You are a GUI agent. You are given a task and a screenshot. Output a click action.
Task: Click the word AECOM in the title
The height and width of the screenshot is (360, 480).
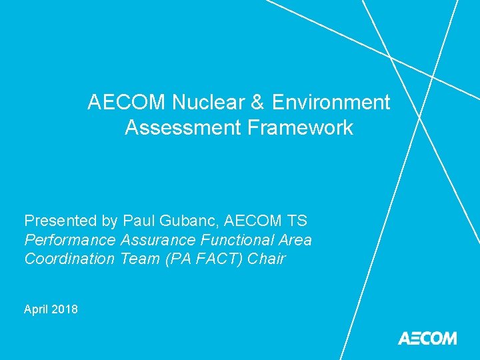click(x=127, y=103)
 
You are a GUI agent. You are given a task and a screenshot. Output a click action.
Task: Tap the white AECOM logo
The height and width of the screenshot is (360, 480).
click(x=427, y=338)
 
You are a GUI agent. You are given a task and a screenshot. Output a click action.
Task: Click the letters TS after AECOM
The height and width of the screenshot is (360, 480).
click(x=294, y=221)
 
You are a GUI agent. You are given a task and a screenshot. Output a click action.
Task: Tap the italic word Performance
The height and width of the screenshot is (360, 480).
click(x=69, y=240)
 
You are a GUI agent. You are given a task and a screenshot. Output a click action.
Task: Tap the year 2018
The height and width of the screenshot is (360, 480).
click(x=64, y=309)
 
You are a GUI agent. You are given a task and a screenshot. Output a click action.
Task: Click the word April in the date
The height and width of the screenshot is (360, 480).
click(x=35, y=309)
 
